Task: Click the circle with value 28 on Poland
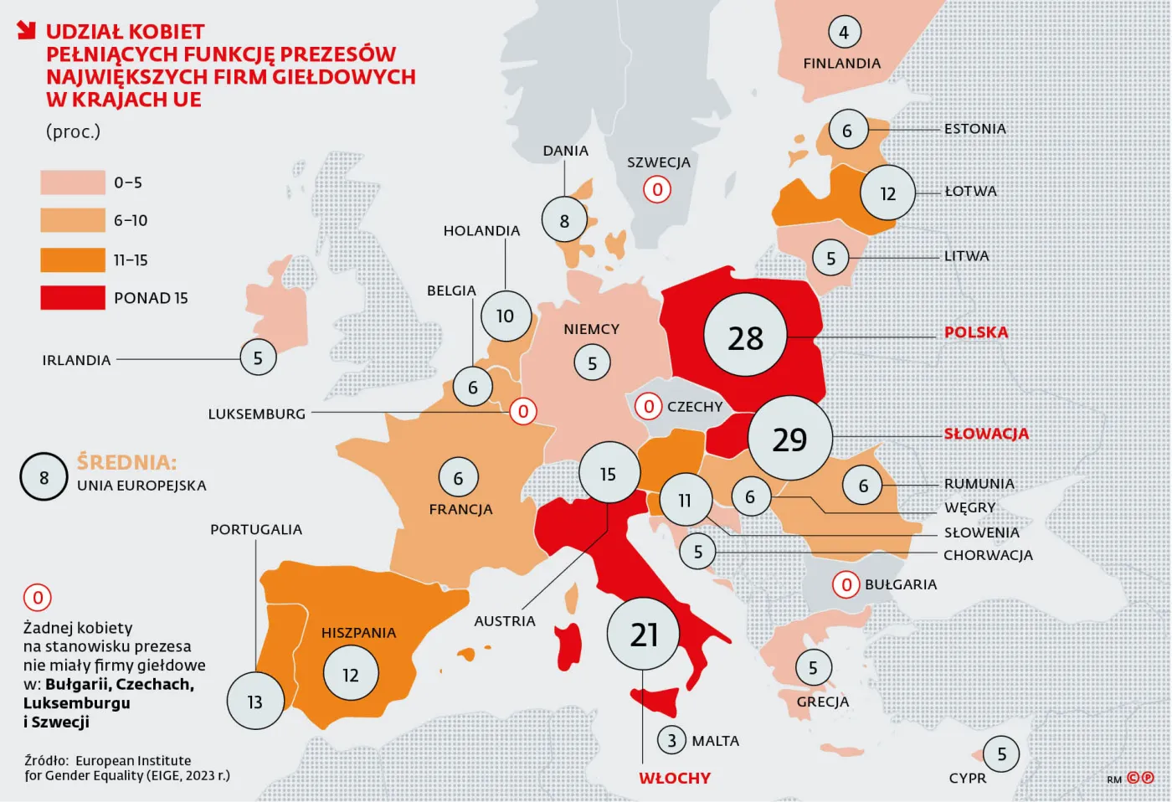pos(745,337)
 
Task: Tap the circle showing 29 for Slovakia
pos(789,438)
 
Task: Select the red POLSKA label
pos(976,332)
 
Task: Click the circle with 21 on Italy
pos(643,634)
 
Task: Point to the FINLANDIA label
pos(841,64)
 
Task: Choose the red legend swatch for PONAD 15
pos(73,297)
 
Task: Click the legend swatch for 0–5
pos(73,183)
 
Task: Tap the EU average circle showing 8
pos(44,477)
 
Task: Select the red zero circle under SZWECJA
pos(657,190)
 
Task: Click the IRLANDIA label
pos(76,360)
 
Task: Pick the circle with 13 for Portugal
pos(255,702)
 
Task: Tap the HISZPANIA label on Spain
pos(358,633)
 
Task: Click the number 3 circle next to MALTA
pos(671,741)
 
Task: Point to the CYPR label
pos(967,778)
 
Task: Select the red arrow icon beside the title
pos(27,31)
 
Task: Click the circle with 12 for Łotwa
pos(887,193)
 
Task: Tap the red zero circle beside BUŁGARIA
pos(846,584)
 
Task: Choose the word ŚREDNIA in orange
pos(126,462)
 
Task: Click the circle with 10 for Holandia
pos(505,316)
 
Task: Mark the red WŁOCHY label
pos(674,778)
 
